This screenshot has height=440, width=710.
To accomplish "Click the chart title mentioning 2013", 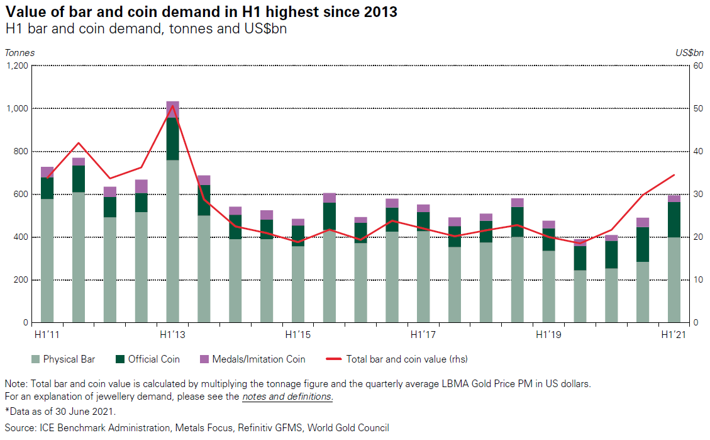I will pyautogui.click(x=201, y=11).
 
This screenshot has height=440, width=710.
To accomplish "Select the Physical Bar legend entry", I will pyautogui.click(x=64, y=359).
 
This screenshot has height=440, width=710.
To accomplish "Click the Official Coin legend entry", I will pyautogui.click(x=148, y=359).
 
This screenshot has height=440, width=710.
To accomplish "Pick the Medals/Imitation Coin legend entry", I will pyautogui.click(x=252, y=359).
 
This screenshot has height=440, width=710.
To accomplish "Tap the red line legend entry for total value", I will pyautogui.click(x=397, y=359).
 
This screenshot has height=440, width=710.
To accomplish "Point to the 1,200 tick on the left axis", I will pyautogui.click(x=17, y=65).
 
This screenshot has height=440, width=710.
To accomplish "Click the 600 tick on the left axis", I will pyautogui.click(x=20, y=195).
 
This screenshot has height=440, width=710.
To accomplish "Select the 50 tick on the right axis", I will pyautogui.click(x=697, y=108).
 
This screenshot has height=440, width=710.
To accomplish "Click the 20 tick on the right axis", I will pyautogui.click(x=697, y=237).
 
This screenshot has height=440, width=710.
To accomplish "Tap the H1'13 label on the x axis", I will pyautogui.click(x=172, y=334).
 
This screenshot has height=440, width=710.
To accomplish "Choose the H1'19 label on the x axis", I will pyautogui.click(x=548, y=334).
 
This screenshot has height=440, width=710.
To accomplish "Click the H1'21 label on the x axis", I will pyautogui.click(x=674, y=334).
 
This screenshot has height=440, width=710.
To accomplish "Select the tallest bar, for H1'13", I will pyautogui.click(x=172, y=239).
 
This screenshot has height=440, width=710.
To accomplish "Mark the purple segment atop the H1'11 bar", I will pyautogui.click(x=47, y=172).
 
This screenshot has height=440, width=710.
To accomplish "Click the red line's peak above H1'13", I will pyautogui.click(x=172, y=105).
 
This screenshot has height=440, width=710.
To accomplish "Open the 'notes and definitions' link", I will pyautogui.click(x=287, y=397).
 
